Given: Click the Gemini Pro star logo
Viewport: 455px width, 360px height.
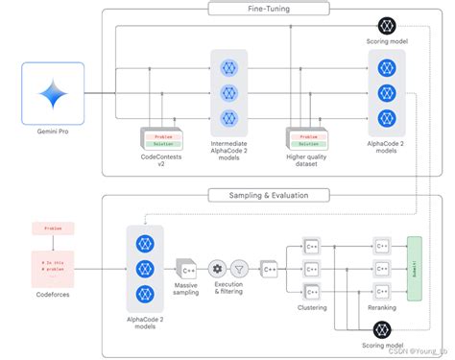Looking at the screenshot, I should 52,94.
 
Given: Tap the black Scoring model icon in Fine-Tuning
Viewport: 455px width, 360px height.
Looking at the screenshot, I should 386,26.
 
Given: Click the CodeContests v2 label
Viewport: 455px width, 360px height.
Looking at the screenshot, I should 159,159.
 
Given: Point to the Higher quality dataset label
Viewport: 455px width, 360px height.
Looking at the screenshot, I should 306,159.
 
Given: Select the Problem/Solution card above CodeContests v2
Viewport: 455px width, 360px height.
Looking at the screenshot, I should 159,137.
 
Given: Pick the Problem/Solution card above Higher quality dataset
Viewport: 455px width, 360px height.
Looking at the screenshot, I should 306,137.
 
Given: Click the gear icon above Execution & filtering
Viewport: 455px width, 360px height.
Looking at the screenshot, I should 217,269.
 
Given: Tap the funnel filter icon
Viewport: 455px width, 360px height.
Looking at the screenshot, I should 239,269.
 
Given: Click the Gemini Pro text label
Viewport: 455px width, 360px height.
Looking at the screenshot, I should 52,132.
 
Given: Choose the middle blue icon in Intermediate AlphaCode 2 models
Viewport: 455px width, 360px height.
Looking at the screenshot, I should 228,93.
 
